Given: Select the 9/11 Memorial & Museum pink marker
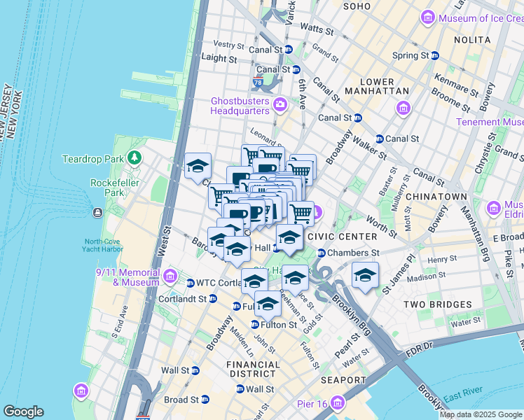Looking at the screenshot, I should [170, 278].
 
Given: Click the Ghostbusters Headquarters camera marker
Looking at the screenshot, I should [280, 105].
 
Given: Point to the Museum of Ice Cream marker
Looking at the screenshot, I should [429, 18].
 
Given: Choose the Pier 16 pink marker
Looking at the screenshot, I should [339, 402].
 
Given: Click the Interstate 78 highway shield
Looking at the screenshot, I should [258, 83].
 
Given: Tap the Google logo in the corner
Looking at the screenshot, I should [23, 412].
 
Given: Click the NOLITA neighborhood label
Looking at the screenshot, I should [472, 40].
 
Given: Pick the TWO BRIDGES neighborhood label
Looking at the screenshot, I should [437, 304].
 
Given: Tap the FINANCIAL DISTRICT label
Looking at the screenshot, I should [253, 370].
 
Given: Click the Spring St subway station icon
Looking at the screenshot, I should [434, 56].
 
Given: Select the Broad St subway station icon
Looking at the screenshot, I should [205, 400].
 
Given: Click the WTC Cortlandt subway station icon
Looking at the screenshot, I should [190, 283].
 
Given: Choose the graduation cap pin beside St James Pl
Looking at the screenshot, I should [365, 276].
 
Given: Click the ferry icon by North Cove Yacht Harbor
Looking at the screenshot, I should [96, 212].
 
